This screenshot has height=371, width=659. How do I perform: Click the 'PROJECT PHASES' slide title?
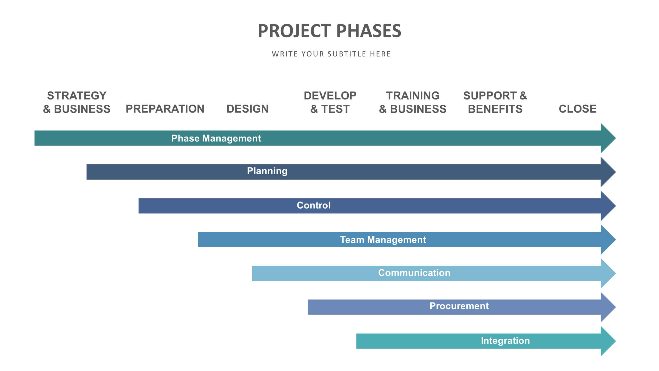[x=329, y=31]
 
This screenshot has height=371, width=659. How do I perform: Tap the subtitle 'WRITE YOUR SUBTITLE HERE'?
[x=331, y=54]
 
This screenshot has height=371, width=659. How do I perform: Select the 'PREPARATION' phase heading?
[x=165, y=109]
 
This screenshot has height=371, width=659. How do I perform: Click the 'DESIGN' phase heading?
[x=247, y=109]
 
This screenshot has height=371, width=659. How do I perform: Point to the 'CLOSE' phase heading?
[x=577, y=109]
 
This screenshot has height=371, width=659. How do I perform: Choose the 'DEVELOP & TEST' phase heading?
[x=330, y=102]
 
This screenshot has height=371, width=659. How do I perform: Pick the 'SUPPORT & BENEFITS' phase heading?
[x=495, y=102]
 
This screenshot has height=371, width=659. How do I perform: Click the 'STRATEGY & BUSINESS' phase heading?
[x=77, y=102]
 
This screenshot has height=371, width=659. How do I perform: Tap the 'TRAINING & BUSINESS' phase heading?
[x=413, y=102]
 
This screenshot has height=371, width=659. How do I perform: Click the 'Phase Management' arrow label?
[x=216, y=138]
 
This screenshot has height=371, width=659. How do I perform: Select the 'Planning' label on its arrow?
[x=267, y=171]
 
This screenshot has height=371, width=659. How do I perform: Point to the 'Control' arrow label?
[x=313, y=205]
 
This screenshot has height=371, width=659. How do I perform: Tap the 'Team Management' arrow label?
[x=383, y=240]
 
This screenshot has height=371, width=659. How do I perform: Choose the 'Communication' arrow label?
[x=414, y=273]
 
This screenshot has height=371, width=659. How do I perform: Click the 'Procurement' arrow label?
[x=459, y=306]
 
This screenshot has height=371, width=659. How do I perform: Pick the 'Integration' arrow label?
[x=505, y=341]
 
